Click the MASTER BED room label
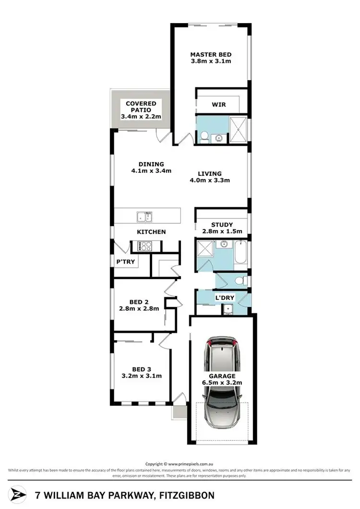(211, 54)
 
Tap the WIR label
(218, 105)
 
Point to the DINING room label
(151, 164)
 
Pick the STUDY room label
(221, 224)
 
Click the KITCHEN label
(151, 232)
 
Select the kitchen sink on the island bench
(144, 217)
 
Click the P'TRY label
(125, 262)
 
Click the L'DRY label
(224, 298)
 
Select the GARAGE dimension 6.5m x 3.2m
(222, 383)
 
